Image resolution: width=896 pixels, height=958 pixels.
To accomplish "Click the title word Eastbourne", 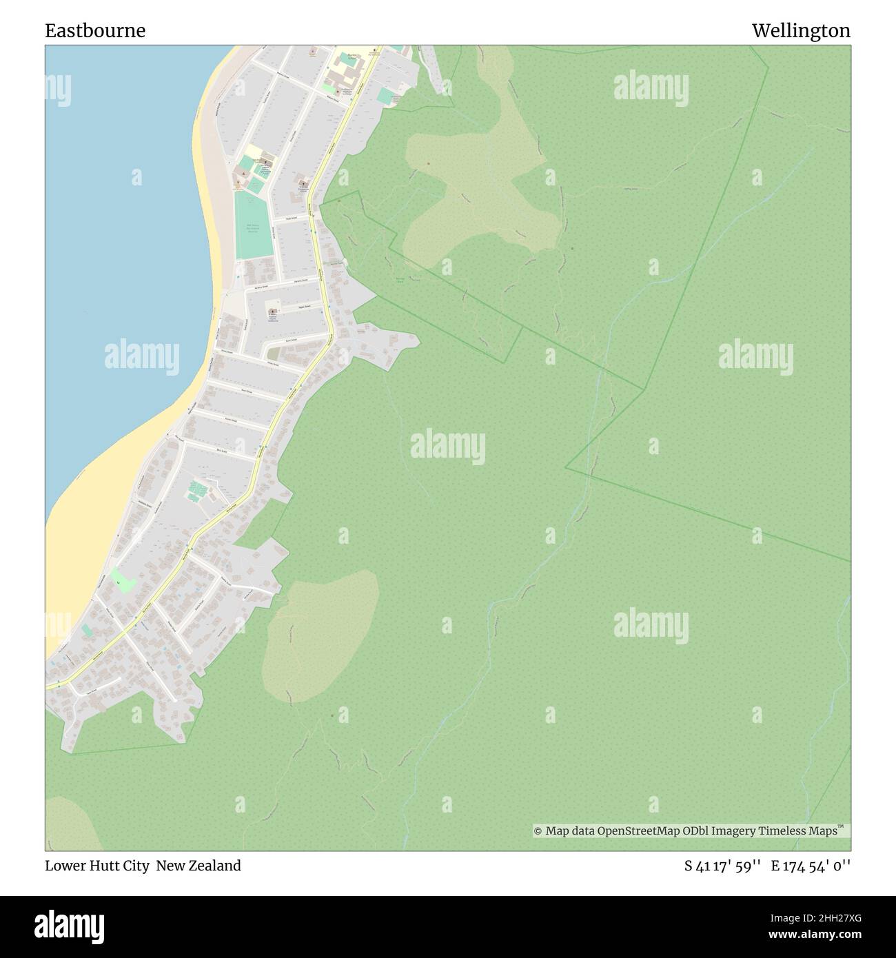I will pyautogui.click(x=95, y=31).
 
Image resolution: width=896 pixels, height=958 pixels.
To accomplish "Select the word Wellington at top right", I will pyautogui.click(x=801, y=31).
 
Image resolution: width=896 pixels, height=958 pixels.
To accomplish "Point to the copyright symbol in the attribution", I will pyautogui.click(x=538, y=831).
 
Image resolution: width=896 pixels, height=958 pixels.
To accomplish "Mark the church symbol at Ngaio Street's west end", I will pyautogui.click(x=272, y=312).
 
